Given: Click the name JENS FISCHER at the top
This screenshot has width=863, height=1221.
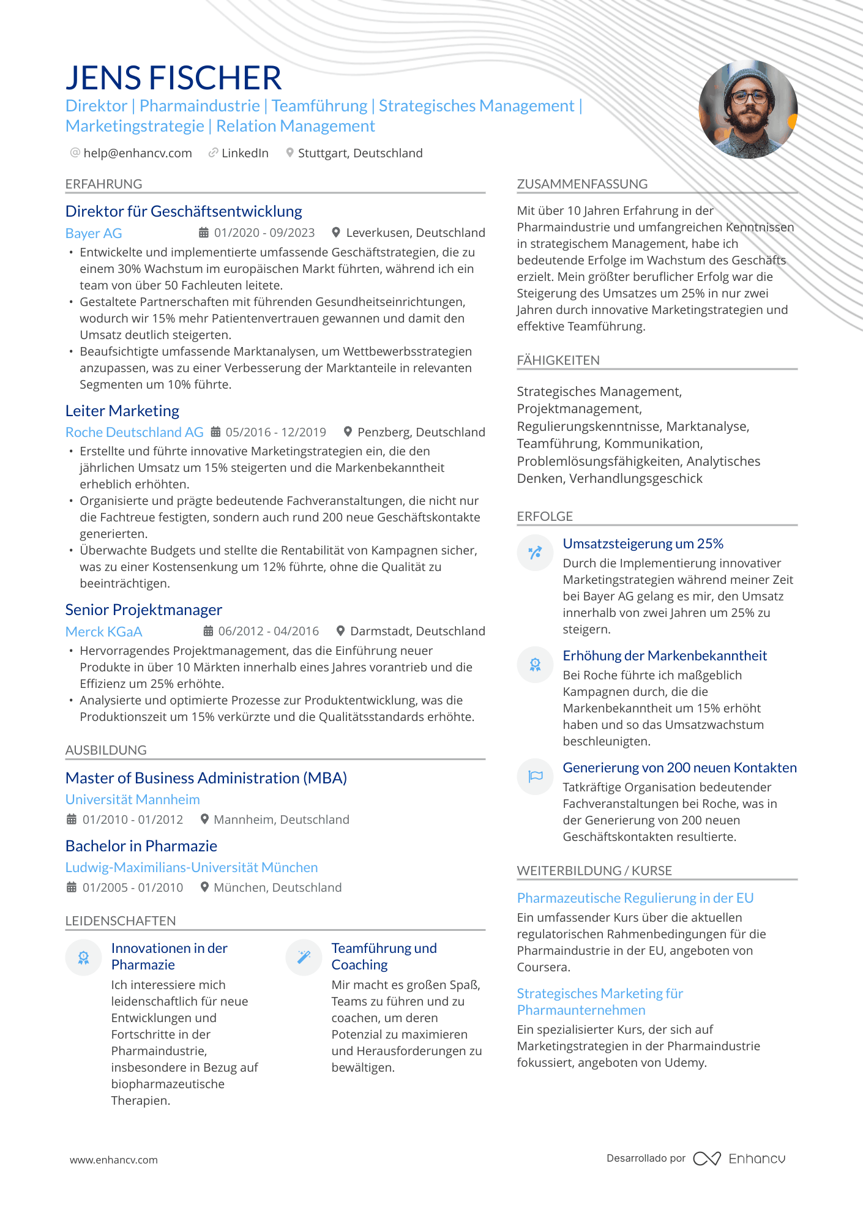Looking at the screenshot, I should (173, 78).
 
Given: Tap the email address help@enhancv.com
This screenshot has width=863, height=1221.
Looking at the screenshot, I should (137, 153).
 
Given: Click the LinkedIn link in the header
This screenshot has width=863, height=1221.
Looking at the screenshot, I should (245, 153).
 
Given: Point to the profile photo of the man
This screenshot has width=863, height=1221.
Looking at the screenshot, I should (748, 110).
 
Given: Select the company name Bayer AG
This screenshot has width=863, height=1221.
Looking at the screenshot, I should (94, 233).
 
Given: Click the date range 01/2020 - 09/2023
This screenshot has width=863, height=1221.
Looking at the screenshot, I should (264, 233).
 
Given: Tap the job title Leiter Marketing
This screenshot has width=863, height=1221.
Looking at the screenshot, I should (122, 411).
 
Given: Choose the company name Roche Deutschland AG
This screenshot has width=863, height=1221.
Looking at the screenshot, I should (134, 432).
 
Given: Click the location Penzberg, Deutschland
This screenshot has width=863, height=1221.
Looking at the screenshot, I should (420, 432).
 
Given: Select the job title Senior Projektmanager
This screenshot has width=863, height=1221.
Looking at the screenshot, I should (144, 610).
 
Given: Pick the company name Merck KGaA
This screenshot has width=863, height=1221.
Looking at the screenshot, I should (103, 632).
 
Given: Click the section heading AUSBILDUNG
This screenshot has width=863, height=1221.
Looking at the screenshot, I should (106, 750).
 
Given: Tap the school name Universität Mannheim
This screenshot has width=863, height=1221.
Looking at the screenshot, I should (133, 799).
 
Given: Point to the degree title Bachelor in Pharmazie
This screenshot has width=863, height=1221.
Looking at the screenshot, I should (141, 846).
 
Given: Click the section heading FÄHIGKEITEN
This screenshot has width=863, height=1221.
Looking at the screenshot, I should (558, 360).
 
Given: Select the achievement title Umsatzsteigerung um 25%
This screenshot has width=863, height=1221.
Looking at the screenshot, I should (643, 543).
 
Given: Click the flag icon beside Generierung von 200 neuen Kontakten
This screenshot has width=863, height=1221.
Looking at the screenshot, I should (535, 776).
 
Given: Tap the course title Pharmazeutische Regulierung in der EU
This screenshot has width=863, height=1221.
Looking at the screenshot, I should (635, 898).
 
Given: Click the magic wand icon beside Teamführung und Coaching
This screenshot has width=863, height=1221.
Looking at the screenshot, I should (304, 957).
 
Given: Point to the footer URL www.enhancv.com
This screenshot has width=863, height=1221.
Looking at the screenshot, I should (114, 1160).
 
